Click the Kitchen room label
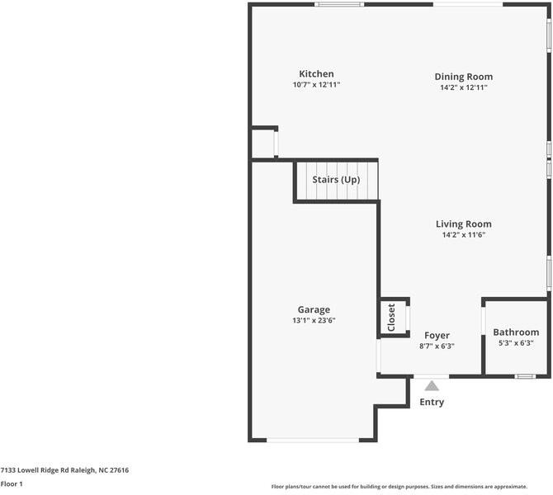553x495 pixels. pos(316,74)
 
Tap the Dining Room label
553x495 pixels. pos(464,77)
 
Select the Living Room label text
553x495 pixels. pos(463,224)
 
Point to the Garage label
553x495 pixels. pos(314,309)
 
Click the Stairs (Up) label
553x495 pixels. pos(336,179)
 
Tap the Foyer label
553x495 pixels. pos(437,335)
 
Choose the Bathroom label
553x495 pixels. pos(516,332)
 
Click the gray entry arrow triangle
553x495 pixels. pos(432,385)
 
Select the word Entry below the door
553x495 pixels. pos(432,403)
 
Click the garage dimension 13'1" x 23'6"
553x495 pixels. pos(314,320)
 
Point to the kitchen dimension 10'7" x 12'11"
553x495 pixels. pos(316,85)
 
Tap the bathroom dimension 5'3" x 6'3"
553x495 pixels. pos(516,343)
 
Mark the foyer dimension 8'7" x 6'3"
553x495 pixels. pos(437,346)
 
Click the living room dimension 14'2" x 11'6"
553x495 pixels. pos(463,234)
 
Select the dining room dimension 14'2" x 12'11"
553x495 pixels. pos(464,87)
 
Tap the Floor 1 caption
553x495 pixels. pos(12,483)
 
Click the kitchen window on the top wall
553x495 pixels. pos(338,5)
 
